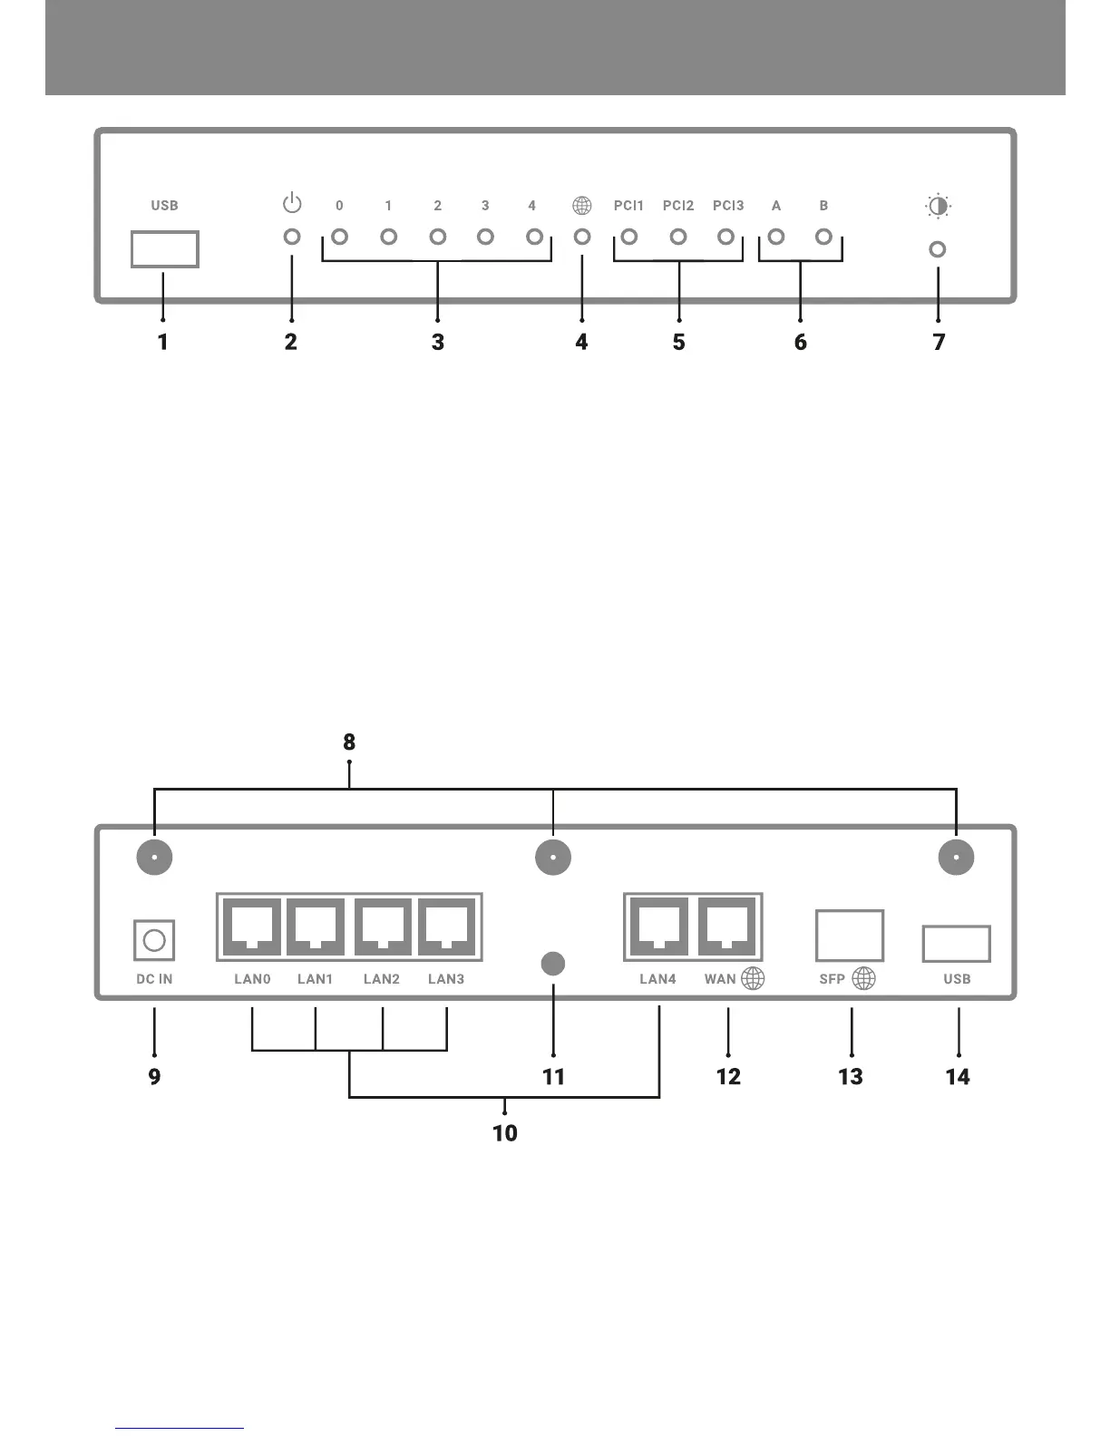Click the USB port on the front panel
click(x=164, y=249)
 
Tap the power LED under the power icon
click(x=292, y=237)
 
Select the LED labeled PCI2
click(x=677, y=237)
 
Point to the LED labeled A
click(x=776, y=237)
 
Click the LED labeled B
click(x=823, y=237)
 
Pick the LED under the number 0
click(x=340, y=237)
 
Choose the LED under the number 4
click(x=534, y=237)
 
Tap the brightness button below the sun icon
click(x=938, y=248)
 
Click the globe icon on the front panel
click(x=582, y=206)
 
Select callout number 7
click(x=939, y=342)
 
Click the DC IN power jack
click(x=154, y=940)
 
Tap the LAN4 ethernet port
click(x=658, y=927)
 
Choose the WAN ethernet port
click(x=728, y=927)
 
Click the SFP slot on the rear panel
click(x=850, y=936)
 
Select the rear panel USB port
click(x=956, y=944)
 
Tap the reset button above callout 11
click(x=553, y=964)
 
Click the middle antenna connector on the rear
click(x=553, y=857)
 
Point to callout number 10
click(x=505, y=1132)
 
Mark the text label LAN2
click(x=382, y=979)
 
